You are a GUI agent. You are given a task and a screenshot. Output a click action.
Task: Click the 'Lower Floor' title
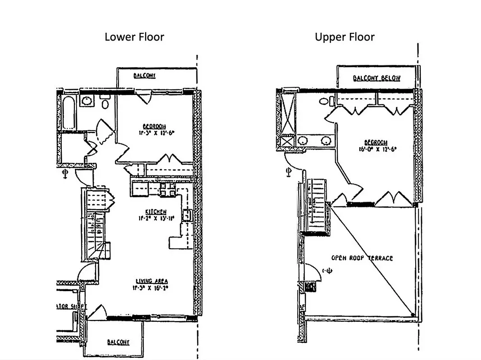(134, 37)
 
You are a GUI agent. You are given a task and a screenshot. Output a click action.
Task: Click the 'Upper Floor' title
(345, 37)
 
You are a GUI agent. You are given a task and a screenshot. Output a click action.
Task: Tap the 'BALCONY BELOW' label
(377, 78)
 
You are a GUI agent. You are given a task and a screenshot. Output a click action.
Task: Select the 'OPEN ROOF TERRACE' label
(362, 258)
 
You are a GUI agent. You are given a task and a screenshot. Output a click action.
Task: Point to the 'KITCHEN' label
(156, 211)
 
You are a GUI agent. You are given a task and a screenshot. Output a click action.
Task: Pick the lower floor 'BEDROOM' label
(154, 126)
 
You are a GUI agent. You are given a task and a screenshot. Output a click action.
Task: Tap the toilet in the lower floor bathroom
(105, 103)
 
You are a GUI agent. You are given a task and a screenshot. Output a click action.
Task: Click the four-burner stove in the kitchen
(167, 190)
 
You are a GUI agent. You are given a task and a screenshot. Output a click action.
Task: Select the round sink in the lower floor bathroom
(86, 100)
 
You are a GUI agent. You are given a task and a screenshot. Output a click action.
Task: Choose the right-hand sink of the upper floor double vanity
(325, 141)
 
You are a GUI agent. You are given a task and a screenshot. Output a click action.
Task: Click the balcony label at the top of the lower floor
(145, 76)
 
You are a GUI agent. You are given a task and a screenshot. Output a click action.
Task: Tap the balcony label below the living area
(118, 342)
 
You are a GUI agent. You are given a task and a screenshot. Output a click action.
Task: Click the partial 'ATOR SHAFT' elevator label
(68, 306)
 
